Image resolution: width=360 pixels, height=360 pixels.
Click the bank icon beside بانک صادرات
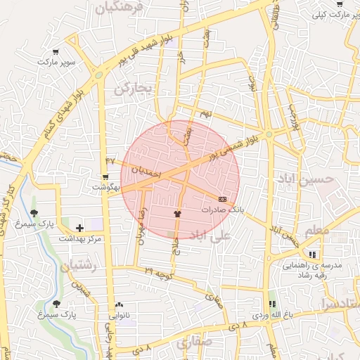[x=223, y=199]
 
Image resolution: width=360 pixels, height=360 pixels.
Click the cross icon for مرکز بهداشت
[x=79, y=228]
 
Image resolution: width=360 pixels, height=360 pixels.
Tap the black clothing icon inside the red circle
[x=176, y=213]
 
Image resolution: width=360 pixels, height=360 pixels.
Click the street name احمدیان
[x=147, y=171]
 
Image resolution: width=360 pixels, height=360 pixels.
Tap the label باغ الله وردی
[x=271, y=316]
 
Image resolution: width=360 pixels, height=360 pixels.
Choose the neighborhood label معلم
[x=317, y=230]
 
